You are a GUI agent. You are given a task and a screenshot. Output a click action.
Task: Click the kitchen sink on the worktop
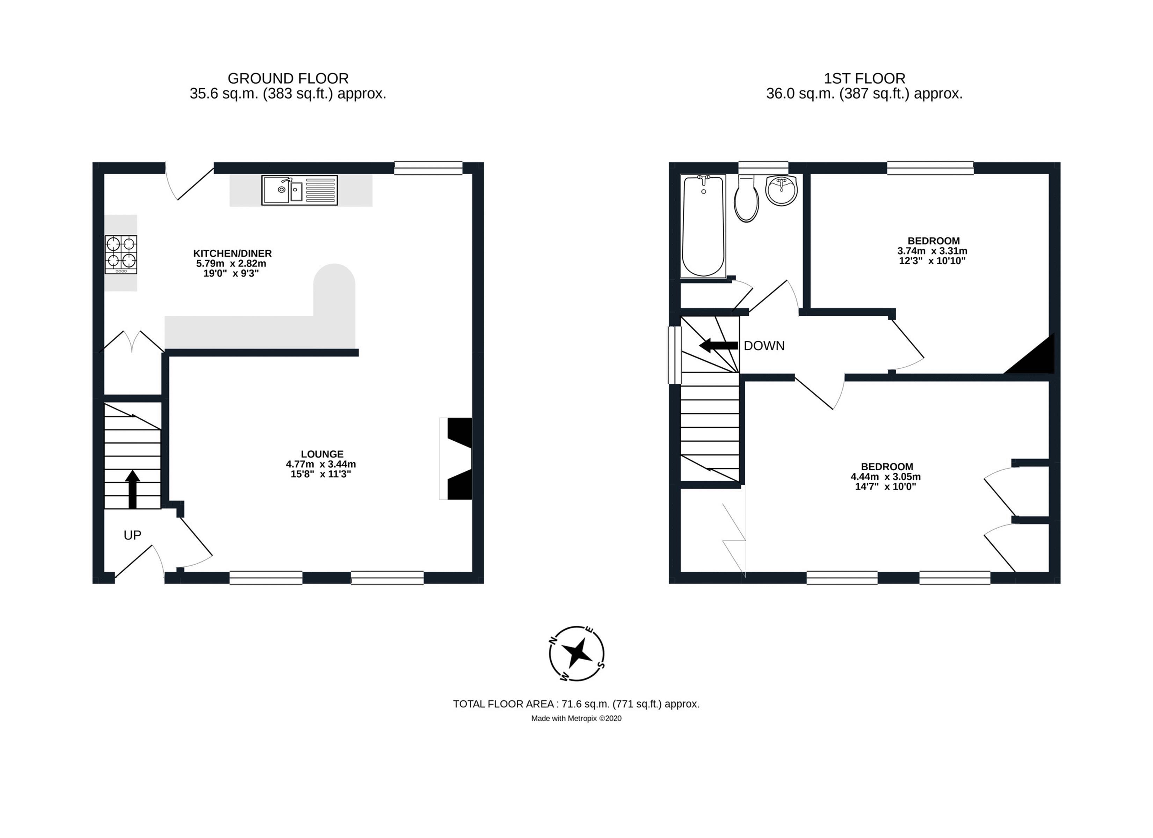(x=299, y=191)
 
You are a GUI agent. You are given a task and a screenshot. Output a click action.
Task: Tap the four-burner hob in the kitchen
(x=121, y=255)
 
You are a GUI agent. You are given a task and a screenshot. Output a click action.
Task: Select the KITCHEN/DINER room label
(x=232, y=253)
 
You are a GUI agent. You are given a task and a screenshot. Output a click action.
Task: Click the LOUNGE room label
(x=322, y=454)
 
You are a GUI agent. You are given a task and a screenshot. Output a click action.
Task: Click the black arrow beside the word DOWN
(x=718, y=346)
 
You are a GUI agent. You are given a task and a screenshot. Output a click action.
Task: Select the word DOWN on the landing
(x=764, y=346)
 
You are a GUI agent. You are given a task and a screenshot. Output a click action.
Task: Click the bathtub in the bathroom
(x=703, y=226)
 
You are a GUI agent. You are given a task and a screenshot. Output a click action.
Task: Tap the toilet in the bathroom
(x=747, y=198)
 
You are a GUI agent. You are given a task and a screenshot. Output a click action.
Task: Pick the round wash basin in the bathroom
(x=781, y=191)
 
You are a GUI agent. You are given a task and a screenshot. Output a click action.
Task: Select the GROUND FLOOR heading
(x=288, y=78)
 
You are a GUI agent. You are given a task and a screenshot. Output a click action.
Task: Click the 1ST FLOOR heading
(x=864, y=78)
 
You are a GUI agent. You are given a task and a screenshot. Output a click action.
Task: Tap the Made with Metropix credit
(x=576, y=718)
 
